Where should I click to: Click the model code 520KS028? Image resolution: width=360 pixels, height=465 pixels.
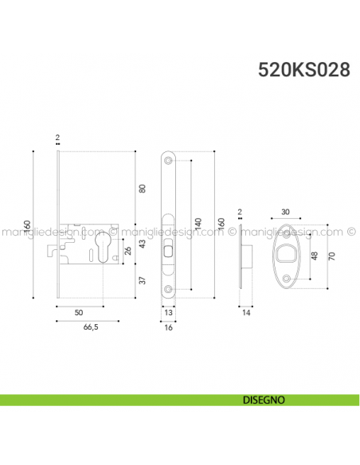303,69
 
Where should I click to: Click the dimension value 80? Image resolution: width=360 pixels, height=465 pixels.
143,189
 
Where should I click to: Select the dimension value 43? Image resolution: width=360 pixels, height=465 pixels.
143,244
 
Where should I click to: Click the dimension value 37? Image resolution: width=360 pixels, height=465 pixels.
143,280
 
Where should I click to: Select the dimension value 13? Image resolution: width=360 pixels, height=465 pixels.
169,314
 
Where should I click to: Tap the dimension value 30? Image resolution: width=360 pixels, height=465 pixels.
286,212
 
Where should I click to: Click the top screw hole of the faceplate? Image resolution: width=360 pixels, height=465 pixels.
169,159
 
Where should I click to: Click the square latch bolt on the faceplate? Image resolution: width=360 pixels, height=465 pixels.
168,252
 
